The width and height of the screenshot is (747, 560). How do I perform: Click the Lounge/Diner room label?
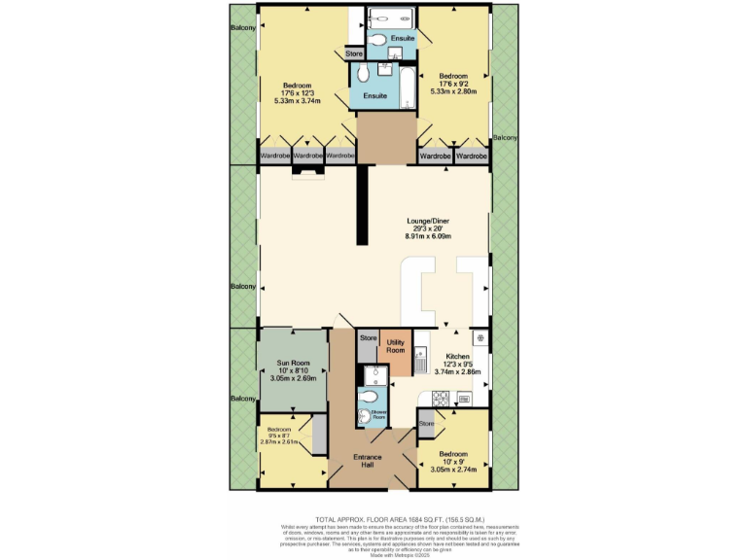pos(429,220)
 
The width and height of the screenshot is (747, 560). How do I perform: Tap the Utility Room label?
pos(396,344)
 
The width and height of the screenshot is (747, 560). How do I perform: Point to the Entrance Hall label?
pos(368,461)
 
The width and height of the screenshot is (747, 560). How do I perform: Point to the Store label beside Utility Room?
pos(368,338)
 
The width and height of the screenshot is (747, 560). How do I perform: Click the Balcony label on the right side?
pos(505,138)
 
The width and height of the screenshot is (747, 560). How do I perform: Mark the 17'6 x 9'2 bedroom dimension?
pos(453,85)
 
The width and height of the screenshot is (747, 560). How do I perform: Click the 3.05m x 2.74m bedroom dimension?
pos(452,470)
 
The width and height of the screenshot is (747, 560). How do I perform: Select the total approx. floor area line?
pos(373,520)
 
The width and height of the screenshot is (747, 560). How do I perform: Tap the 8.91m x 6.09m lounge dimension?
pos(429,236)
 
